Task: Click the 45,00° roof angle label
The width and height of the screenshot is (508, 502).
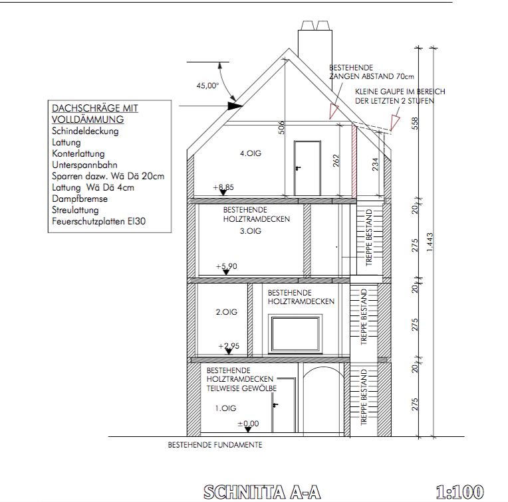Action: tap(207, 86)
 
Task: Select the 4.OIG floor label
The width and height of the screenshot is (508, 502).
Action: tap(251, 153)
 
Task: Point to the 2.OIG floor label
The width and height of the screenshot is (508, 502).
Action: tap(226, 311)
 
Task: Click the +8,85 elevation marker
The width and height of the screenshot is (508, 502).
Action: tap(224, 188)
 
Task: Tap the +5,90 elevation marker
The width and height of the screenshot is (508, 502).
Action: tap(226, 267)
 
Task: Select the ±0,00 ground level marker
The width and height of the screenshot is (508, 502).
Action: tap(248, 424)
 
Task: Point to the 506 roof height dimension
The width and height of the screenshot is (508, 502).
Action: tap(282, 128)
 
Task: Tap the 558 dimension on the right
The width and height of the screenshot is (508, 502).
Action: tap(416, 124)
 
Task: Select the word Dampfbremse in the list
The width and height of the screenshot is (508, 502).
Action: tap(79, 199)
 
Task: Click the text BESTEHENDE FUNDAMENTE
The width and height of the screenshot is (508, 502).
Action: tap(215, 445)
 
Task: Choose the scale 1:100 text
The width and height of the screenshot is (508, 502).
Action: tap(459, 492)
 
